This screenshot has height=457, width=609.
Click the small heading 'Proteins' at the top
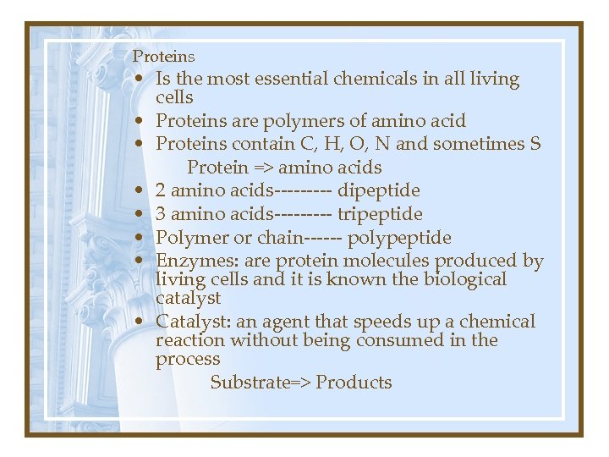tap(164, 57)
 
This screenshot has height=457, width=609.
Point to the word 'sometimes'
tap(477, 144)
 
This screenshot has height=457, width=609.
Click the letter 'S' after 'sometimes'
tap(535, 144)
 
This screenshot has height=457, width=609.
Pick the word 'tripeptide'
tap(380, 214)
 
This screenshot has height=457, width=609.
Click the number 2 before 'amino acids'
tap(161, 190)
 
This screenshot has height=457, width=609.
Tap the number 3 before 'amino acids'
tap(161, 214)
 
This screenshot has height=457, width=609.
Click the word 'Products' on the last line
tap(354, 382)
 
